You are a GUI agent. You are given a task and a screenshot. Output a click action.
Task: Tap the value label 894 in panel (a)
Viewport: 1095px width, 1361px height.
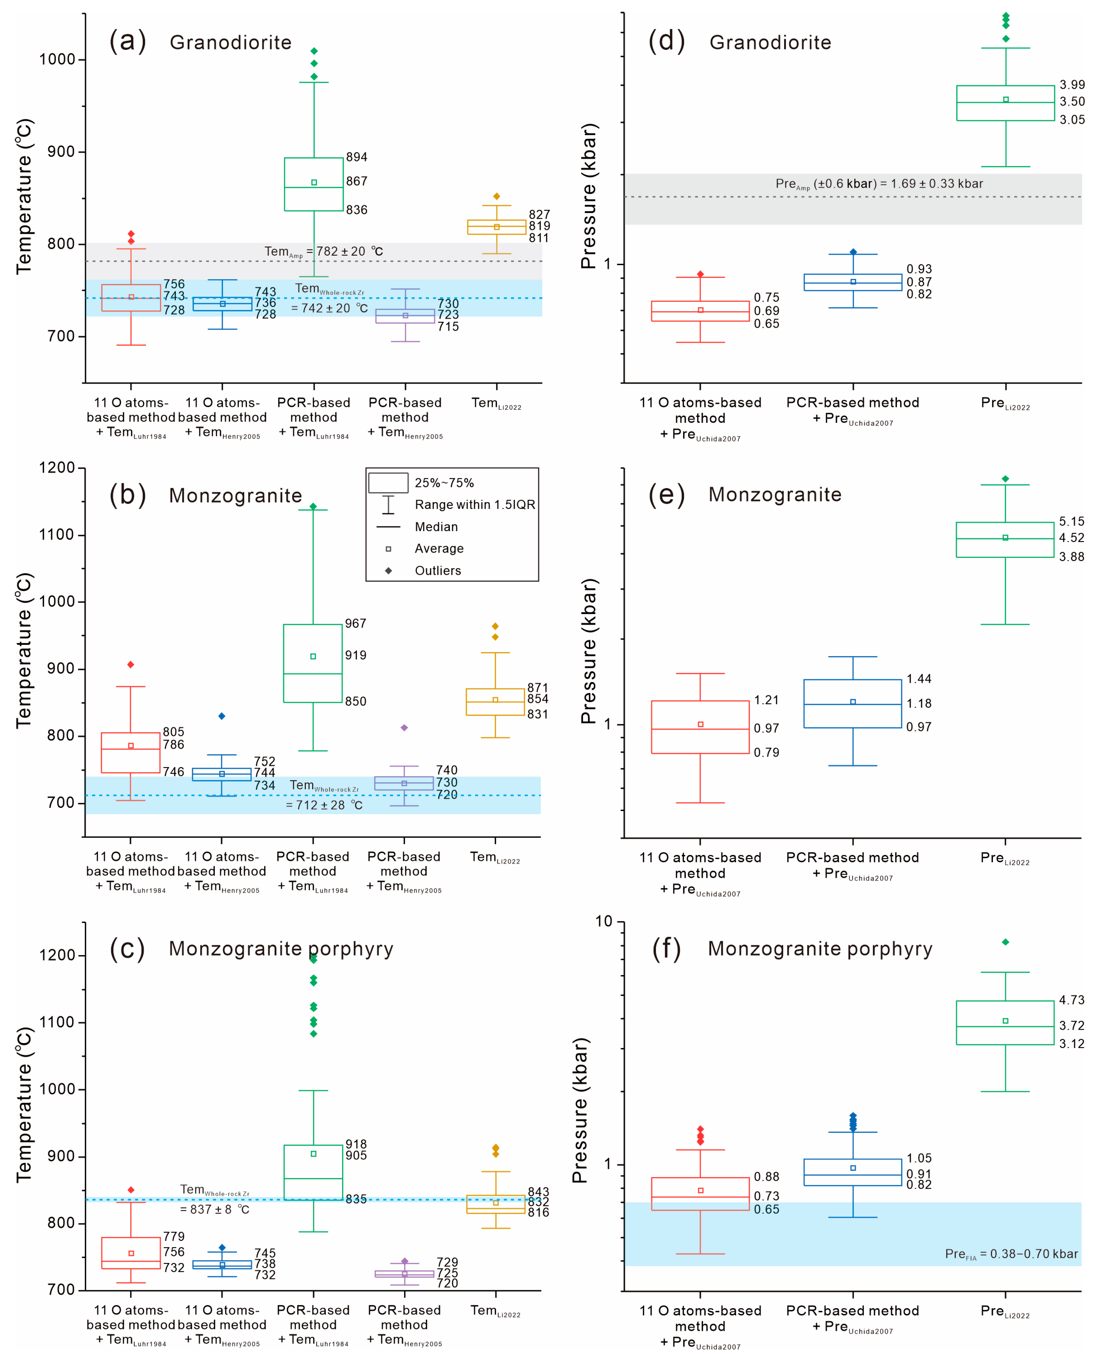pos(357,156)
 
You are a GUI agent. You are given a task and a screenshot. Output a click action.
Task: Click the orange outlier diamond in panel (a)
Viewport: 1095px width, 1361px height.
pos(497,196)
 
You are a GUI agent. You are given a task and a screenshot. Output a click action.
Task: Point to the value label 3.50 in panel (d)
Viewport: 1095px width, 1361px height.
pos(1072,102)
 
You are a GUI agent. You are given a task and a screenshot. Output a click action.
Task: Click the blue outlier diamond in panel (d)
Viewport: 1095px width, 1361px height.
pos(853,252)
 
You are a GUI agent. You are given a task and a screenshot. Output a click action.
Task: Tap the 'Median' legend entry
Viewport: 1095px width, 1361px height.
pos(436,527)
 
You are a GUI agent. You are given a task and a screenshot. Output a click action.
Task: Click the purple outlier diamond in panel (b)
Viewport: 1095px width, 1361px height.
pos(405,728)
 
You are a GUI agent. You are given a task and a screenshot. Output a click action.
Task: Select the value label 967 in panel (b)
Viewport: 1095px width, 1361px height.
pos(355,624)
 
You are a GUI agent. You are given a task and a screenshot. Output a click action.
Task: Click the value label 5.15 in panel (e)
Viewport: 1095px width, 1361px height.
pos(1072,522)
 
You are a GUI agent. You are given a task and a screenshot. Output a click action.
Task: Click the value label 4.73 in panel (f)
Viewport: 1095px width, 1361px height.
pos(1072,1000)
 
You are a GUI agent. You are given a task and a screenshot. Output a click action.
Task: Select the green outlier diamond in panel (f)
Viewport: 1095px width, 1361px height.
pos(1005,942)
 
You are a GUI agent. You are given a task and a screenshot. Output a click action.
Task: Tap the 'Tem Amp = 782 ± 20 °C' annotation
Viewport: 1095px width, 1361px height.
pos(323,251)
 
